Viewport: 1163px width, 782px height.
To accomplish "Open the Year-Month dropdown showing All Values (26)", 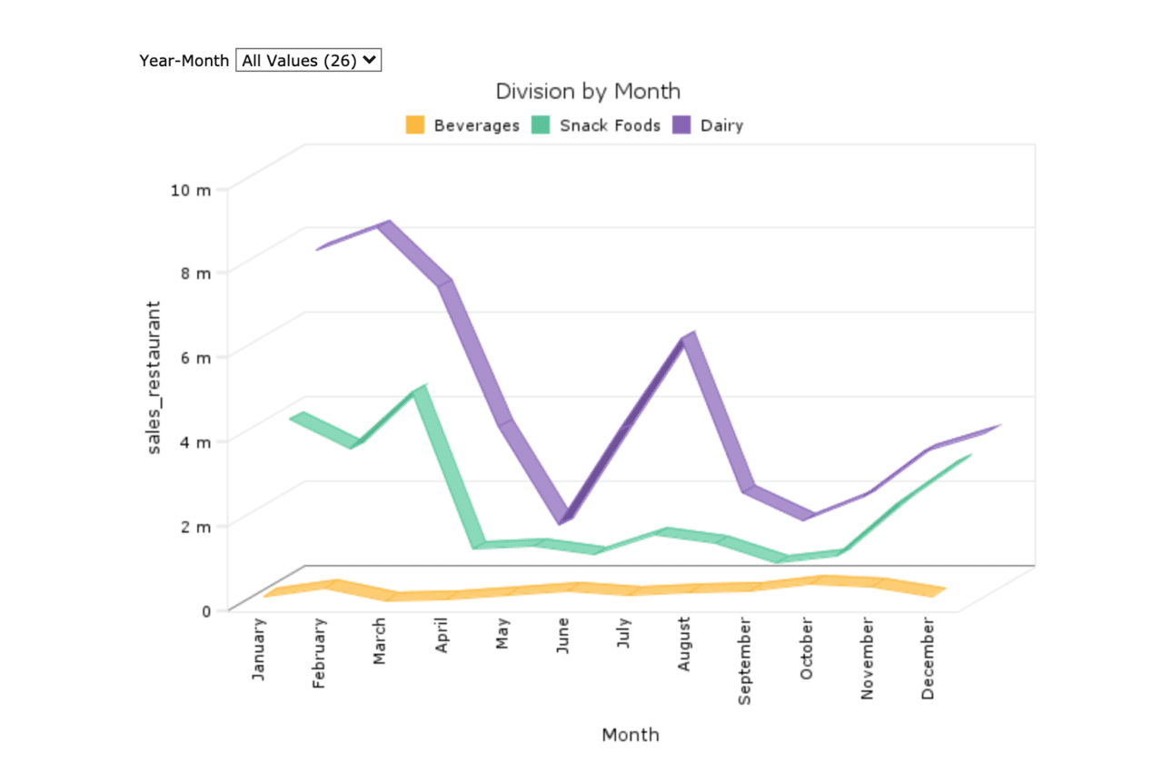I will [308, 60].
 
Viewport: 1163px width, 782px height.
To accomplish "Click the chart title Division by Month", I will [587, 92].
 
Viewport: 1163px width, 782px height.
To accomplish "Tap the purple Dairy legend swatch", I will [682, 125].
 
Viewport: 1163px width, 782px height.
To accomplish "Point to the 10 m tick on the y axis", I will [191, 190].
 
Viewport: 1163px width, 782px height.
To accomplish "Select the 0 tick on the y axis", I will [206, 610].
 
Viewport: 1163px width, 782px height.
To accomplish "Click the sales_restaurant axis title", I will [156, 377].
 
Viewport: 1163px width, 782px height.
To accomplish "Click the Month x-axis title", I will [631, 735].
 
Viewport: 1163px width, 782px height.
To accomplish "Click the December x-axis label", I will [928, 658].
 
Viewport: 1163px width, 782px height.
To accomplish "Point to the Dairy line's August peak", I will [689, 337].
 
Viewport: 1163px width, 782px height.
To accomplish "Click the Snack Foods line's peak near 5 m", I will [419, 390].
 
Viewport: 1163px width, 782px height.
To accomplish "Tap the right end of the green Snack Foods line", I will [969, 456].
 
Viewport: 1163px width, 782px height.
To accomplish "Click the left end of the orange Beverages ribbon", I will [267, 595].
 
